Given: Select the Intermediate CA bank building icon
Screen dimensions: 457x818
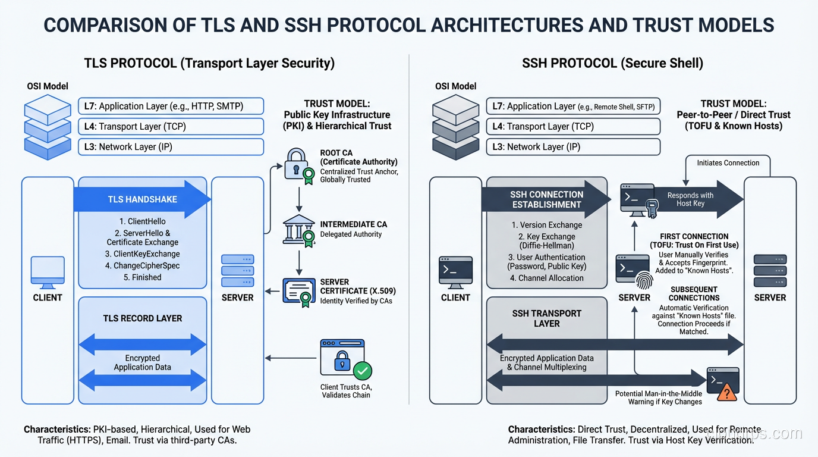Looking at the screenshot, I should coord(299,230).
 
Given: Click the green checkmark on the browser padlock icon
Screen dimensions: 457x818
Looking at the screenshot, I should coord(363,371).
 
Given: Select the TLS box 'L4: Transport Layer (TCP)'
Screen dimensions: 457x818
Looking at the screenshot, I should coord(171,126).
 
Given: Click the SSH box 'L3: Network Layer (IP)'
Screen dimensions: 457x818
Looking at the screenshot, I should coord(573,147).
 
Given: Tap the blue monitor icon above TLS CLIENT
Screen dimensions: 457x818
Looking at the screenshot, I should coord(48,271).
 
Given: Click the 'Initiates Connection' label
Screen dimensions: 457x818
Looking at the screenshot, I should coord(728,162).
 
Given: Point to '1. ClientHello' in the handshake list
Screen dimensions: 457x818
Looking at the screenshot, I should coord(143,221).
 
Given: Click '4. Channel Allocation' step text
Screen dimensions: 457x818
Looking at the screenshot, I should coord(547,278).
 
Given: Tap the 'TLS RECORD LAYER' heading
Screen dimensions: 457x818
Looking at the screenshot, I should coord(143,318).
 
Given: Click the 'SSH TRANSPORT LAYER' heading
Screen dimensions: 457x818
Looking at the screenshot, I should coord(546,318).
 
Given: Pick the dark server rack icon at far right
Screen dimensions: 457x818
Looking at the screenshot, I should coord(770,271).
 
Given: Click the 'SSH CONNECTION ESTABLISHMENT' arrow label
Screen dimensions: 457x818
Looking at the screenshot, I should coord(546,199).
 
